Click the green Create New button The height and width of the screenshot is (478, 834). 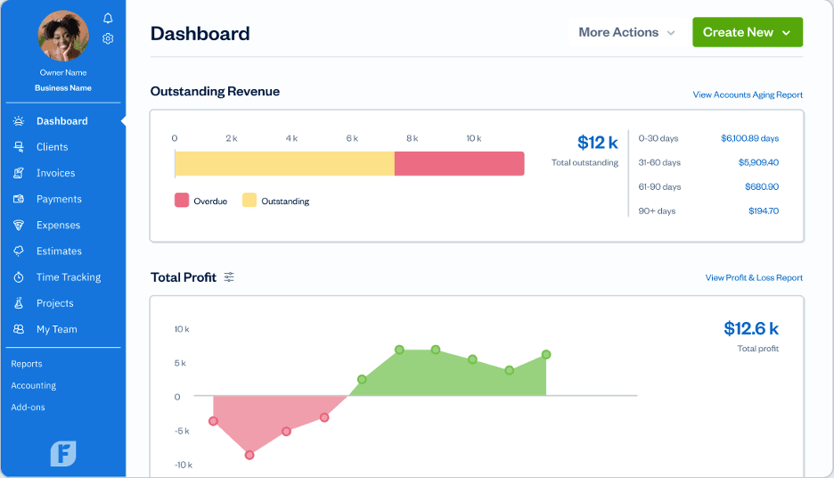[x=747, y=32]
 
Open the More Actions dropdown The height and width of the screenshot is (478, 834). [x=627, y=32]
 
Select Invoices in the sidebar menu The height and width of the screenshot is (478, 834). [x=55, y=173]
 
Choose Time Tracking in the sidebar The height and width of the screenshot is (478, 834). [x=68, y=277]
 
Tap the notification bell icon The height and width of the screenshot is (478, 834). [x=108, y=18]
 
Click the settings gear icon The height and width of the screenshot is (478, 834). [x=108, y=38]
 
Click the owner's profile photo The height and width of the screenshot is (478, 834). [x=64, y=37]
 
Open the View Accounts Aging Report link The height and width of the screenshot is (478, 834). [x=748, y=95]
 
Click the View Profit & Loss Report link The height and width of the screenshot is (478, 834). [x=754, y=277]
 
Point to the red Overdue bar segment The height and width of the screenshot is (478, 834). [x=459, y=163]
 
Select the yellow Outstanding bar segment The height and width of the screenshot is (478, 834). [x=284, y=163]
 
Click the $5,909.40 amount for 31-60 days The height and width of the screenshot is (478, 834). [x=758, y=162]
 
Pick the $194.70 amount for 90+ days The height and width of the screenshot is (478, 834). [x=762, y=210]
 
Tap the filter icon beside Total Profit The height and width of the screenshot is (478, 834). [x=229, y=277]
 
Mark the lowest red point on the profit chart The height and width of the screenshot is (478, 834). [x=249, y=455]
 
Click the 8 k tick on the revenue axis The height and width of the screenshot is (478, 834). [x=412, y=138]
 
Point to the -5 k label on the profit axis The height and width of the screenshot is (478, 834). [x=182, y=431]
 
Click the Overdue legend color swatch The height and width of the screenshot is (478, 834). [x=182, y=201]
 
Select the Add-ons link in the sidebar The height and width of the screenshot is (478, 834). [x=28, y=408]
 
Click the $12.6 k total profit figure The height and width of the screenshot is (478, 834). [x=751, y=329]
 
